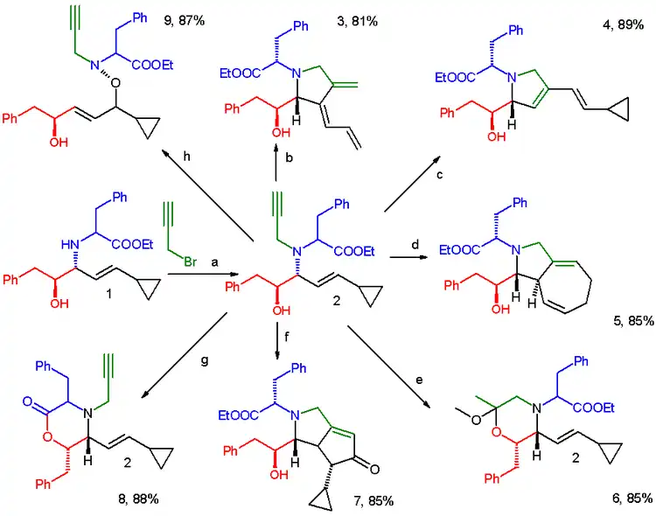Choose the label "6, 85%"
point(625,499)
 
